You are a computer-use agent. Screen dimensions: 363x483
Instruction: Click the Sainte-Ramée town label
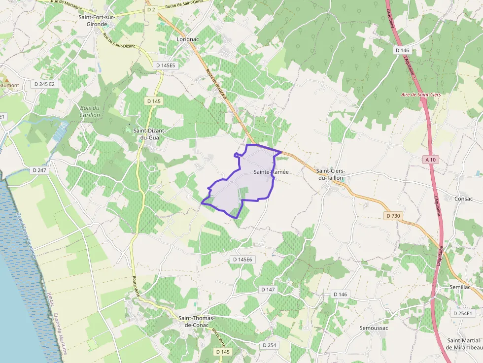click(271, 172)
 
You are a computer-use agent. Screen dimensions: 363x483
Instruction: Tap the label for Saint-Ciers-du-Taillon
click(330, 174)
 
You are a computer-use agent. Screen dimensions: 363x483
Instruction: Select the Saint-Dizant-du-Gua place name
click(150, 134)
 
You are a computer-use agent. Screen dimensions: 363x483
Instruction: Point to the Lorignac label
click(187, 38)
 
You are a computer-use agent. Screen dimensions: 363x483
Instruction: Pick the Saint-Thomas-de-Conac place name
click(197, 322)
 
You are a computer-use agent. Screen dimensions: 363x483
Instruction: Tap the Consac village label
click(463, 199)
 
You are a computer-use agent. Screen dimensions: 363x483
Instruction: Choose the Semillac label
click(460, 287)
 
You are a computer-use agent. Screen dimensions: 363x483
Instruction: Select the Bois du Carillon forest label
click(90, 111)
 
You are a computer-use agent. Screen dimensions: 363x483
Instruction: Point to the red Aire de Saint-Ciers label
click(421, 94)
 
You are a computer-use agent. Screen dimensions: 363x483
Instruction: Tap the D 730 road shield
click(392, 216)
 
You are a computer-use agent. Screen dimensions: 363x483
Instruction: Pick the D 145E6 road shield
click(242, 259)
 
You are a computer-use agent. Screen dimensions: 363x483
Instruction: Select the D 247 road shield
click(39, 170)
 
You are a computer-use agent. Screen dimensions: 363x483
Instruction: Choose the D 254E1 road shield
click(462, 313)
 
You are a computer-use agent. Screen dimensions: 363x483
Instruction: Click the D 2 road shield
click(151, 9)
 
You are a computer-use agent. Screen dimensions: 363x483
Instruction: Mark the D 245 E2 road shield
click(45, 84)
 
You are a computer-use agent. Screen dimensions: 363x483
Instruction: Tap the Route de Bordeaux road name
click(216, 83)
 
